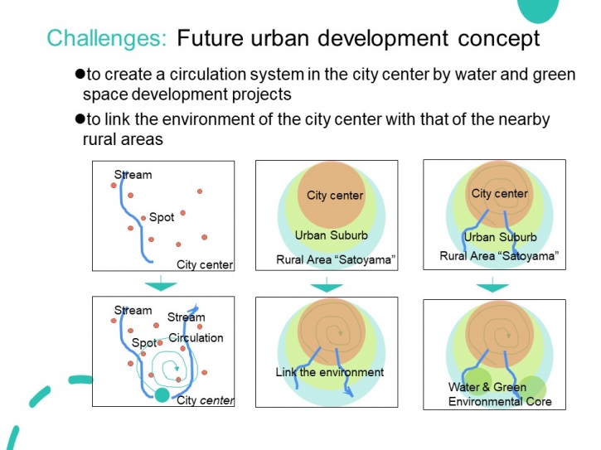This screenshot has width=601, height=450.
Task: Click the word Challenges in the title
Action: point(107,38)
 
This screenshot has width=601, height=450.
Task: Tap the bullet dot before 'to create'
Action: point(80,73)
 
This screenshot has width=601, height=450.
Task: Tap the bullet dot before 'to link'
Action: point(80,119)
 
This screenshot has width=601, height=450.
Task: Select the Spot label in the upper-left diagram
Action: point(162,217)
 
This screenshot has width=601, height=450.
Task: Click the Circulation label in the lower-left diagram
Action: point(196,337)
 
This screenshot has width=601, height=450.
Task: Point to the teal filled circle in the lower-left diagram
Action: point(162,394)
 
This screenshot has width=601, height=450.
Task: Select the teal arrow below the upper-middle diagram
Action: point(327,285)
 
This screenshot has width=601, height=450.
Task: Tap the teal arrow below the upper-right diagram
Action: point(492,285)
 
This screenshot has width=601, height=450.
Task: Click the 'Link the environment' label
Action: point(330,372)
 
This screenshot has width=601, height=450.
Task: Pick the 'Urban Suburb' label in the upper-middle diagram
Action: point(331,235)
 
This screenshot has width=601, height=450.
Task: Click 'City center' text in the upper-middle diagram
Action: point(335,196)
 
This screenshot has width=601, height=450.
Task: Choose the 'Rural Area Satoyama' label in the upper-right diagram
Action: point(499,256)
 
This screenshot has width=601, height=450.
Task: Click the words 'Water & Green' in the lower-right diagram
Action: point(487,387)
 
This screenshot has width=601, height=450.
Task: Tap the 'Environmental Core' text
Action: point(500,401)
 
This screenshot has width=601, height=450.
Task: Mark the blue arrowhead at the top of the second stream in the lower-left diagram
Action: point(195,307)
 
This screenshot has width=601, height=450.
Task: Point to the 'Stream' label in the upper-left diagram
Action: point(133,175)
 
